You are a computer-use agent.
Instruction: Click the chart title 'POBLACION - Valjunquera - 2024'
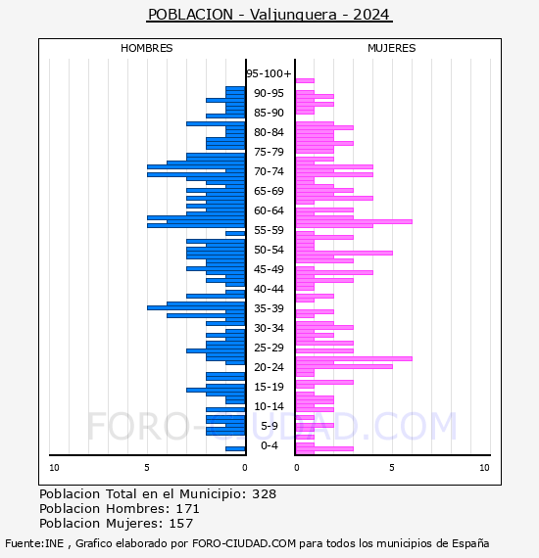tap(269, 15)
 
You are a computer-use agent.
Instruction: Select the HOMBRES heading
tap(146, 48)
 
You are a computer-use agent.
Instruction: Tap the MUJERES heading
tap(392, 48)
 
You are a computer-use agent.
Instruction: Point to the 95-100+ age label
tap(269, 73)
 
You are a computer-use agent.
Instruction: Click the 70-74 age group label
tap(269, 171)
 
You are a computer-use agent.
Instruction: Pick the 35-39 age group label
tap(269, 308)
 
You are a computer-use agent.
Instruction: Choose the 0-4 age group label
tap(269, 445)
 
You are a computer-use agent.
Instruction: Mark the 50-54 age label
tap(269, 250)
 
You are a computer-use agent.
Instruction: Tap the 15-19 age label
tap(269, 387)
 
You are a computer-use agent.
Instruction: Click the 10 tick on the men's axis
tap(54, 468)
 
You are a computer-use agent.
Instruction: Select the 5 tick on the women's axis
tap(392, 468)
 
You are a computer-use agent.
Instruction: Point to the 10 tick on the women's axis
tap(484, 468)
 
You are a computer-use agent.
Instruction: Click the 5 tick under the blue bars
tap(147, 468)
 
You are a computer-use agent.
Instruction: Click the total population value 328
tap(264, 494)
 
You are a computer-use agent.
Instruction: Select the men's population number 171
tap(188, 509)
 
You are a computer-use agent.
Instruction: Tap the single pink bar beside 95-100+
tap(305, 81)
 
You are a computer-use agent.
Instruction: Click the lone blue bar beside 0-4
tap(235, 448)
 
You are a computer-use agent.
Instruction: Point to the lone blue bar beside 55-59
tap(235, 233)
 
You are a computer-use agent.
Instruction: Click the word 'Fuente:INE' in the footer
tap(34, 543)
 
